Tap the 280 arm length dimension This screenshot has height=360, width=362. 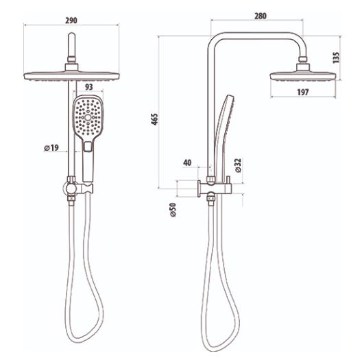[x=259, y=15]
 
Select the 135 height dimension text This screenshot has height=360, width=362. [x=335, y=58]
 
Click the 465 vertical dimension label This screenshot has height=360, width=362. [x=154, y=120]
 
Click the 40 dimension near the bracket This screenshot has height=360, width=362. [x=187, y=163]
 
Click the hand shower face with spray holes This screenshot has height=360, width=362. [x=87, y=115]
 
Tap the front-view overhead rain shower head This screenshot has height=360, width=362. [x=72, y=74]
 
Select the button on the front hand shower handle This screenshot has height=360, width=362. [x=87, y=145]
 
